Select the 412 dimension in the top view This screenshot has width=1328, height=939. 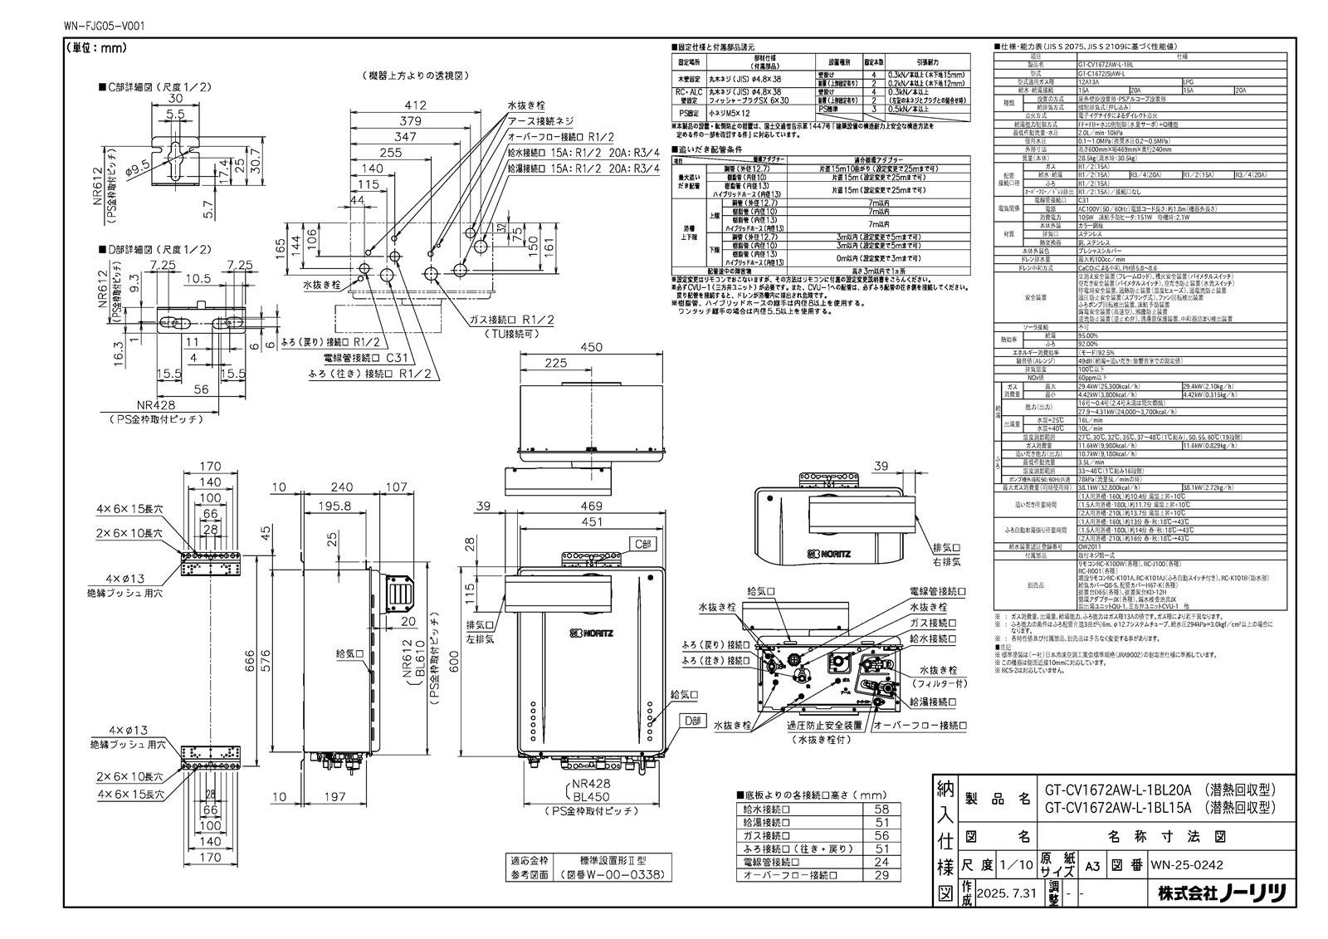click(415, 105)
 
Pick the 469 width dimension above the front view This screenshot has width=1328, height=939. click(591, 506)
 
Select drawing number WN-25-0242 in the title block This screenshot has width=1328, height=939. click(1186, 864)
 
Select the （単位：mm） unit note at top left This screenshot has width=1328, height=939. click(95, 48)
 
